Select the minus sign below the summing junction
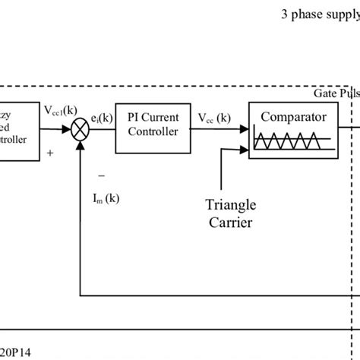pos(101,175)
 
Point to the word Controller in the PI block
pos(152,131)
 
